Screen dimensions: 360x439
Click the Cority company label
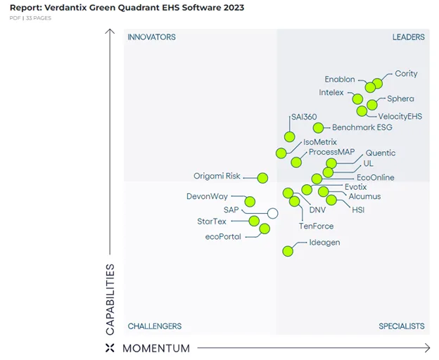tap(406, 74)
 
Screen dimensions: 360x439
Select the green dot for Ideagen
tap(288, 251)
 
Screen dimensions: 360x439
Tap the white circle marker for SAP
tap(273, 213)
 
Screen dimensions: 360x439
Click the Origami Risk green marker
tap(262, 178)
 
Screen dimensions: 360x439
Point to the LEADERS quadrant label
tap(408, 37)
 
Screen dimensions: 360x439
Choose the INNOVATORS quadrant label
tap(151, 37)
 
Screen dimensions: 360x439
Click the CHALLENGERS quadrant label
tap(154, 326)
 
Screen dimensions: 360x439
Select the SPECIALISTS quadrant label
tap(401, 326)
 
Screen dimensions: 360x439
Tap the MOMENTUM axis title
tap(156, 348)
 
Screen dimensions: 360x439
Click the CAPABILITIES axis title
tap(110, 300)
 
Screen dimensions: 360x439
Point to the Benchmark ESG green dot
tap(318, 128)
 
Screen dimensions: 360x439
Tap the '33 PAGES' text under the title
tap(39, 18)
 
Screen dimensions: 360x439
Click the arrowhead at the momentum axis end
tap(426, 347)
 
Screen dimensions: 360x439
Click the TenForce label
tap(316, 226)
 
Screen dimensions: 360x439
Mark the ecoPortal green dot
tap(265, 229)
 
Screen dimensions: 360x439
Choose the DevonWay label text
tap(207, 197)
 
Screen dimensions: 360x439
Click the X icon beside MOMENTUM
tap(109, 348)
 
